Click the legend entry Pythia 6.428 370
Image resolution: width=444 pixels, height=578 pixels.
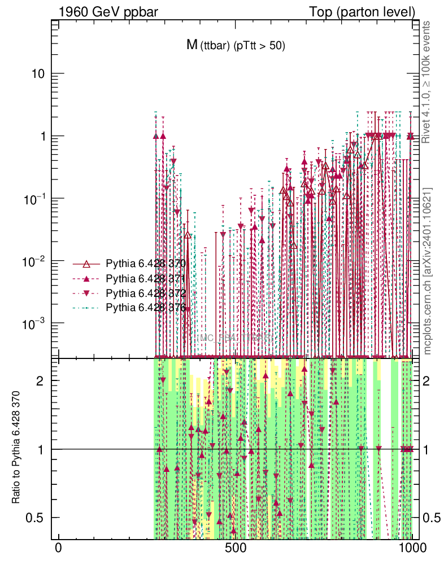(x=146, y=264)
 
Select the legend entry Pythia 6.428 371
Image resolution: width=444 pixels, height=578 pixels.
(x=146, y=278)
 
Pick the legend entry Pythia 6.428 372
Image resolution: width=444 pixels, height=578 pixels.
(x=146, y=293)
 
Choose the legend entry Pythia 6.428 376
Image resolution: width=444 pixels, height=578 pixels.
(x=146, y=308)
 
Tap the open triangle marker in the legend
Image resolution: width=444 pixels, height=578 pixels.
(x=86, y=264)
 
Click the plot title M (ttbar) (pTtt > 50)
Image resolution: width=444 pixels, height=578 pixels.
(x=236, y=46)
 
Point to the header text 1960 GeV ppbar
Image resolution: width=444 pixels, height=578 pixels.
(x=102, y=12)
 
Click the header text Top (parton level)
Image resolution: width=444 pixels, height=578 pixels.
(x=362, y=12)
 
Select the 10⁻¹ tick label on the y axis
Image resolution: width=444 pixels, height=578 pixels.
(x=34, y=199)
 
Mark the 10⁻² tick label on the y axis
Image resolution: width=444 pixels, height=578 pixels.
(x=34, y=261)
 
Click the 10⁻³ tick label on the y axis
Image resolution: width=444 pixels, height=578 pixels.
(x=34, y=324)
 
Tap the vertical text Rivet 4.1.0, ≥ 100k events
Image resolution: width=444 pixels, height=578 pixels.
(x=428, y=82)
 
